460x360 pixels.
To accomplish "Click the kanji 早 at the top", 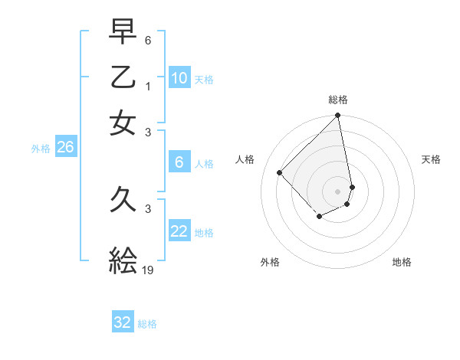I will tap(123, 33).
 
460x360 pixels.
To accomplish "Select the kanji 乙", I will tap(123, 77).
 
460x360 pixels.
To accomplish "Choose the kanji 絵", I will tap(123, 260).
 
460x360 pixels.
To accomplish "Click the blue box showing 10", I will tap(179, 78).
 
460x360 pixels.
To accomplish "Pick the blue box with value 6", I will tap(179, 162).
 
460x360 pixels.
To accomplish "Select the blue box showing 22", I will tap(179, 231).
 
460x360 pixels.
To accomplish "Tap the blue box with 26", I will tap(65, 148).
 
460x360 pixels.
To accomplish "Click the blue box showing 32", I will tap(123, 322).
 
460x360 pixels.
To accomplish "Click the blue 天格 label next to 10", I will tap(204, 80).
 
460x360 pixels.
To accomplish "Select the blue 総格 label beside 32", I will tap(147, 324).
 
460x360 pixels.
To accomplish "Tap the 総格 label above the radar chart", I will tap(338, 100).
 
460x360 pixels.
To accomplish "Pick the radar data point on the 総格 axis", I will tap(338, 116).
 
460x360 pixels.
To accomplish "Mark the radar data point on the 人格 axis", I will tap(280, 172).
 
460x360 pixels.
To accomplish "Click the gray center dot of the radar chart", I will tap(338, 191).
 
